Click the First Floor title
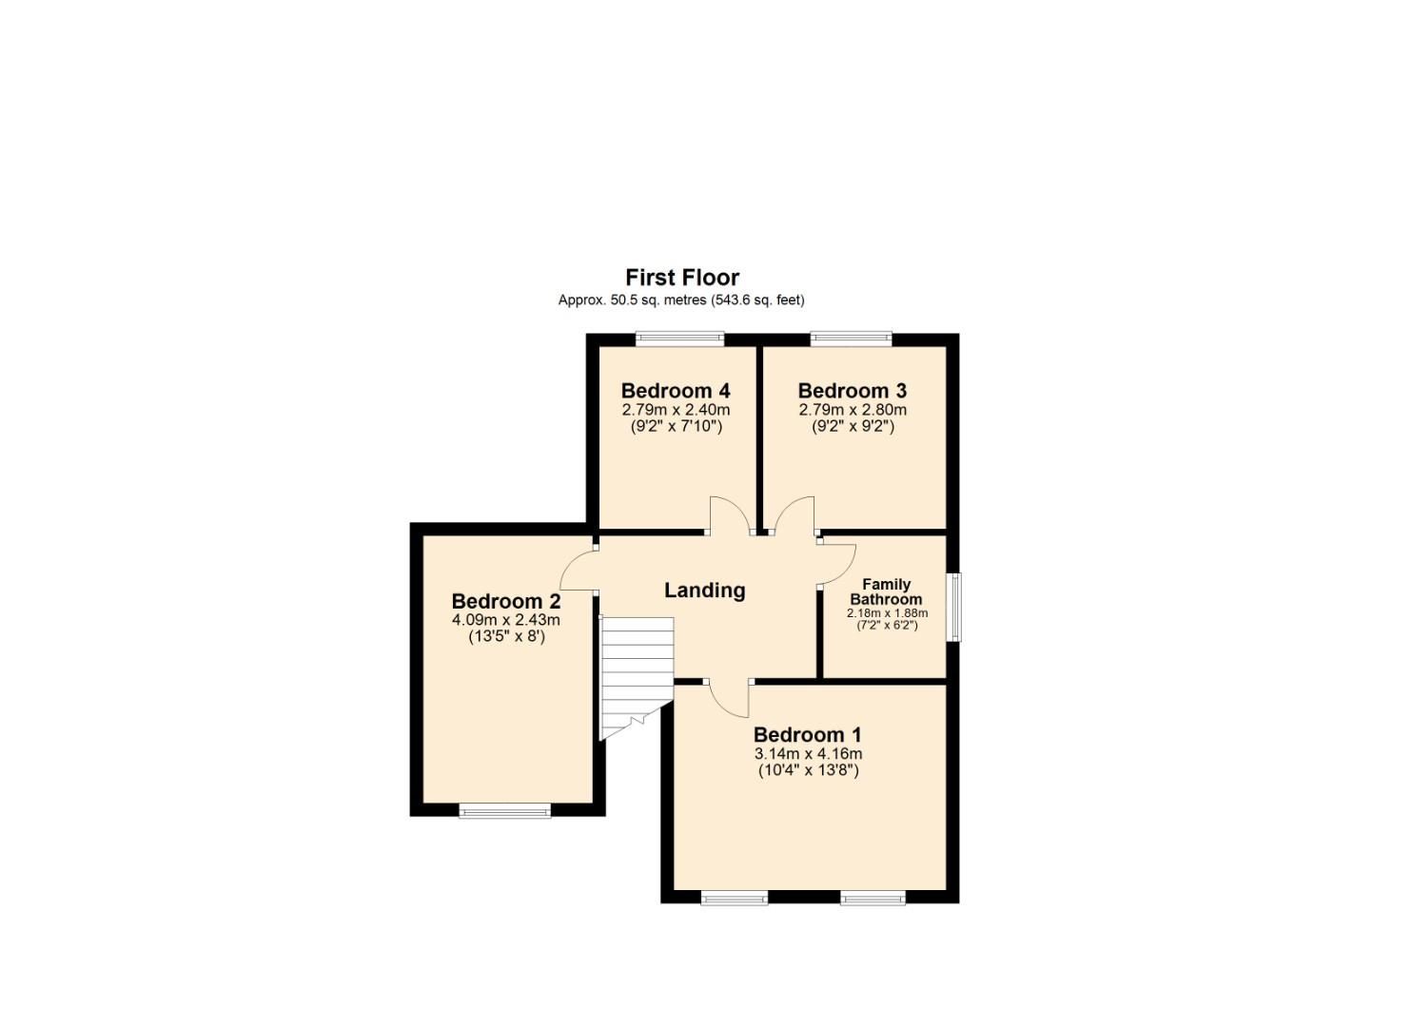click(x=681, y=278)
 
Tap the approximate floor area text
click(x=680, y=300)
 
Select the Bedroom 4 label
click(x=675, y=391)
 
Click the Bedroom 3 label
click(x=852, y=391)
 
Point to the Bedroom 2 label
click(x=505, y=602)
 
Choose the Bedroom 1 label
click(x=807, y=735)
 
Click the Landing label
click(x=704, y=591)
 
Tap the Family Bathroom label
click(x=886, y=592)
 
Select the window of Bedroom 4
click(x=679, y=339)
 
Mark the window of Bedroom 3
click(x=851, y=339)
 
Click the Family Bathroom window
click(x=954, y=607)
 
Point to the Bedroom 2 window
click(x=504, y=811)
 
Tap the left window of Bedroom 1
click(x=734, y=898)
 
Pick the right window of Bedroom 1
click(x=873, y=898)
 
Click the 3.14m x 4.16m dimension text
click(x=808, y=754)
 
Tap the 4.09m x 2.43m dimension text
click(x=505, y=620)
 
